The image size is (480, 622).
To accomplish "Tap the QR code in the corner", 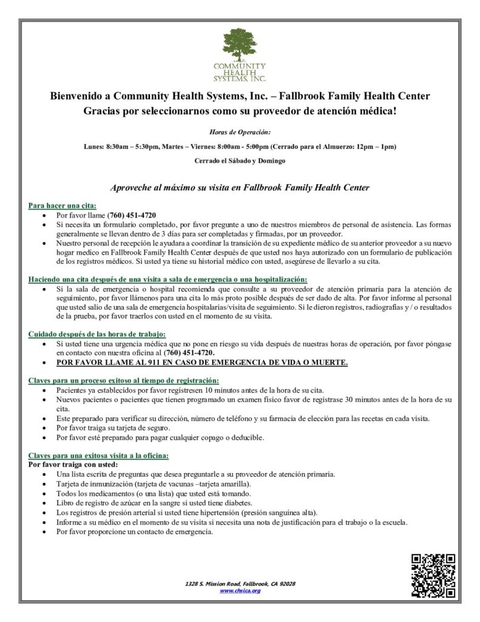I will coord(433,575).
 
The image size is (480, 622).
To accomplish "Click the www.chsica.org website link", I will coord(240,590).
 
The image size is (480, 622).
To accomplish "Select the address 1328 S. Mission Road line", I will coord(240,584).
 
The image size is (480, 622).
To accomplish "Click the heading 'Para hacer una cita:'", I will coord(63,206).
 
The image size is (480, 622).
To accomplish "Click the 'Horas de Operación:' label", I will coord(240,132).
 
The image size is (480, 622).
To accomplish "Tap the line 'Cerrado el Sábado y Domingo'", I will coord(240,161).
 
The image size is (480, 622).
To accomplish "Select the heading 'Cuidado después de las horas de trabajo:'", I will coord(97,334).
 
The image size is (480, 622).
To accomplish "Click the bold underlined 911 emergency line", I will coord(202,363).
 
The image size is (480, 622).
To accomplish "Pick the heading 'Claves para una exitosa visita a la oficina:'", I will coord(99,455).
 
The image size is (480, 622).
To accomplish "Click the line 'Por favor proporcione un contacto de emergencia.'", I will coord(134,532).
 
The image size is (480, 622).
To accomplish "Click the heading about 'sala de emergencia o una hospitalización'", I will coord(167,279).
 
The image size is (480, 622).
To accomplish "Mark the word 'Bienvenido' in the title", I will coord(76,96).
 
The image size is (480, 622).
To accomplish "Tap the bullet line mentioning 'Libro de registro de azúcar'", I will coord(154,503).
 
